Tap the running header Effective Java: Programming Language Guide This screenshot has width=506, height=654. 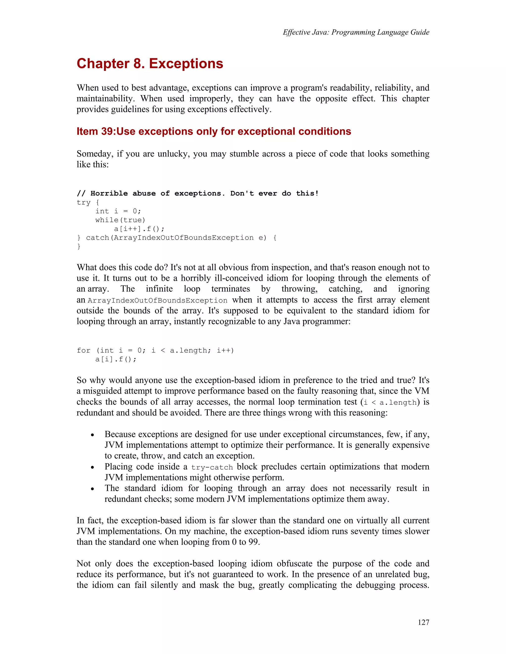pyautogui.click(x=356, y=32)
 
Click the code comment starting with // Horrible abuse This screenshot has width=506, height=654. pyautogui.click(x=198, y=193)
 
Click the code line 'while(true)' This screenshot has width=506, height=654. pyautogui.click(x=120, y=220)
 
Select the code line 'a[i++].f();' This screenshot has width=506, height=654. pyautogui.click(x=139, y=229)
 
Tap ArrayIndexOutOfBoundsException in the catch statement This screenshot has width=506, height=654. pyautogui.click(x=184, y=238)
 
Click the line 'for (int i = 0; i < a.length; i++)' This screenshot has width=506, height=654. pyautogui.click(x=155, y=350)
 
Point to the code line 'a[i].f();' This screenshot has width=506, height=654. pyautogui.click(x=116, y=359)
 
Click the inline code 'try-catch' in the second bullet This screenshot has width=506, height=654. pyautogui.click(x=212, y=467)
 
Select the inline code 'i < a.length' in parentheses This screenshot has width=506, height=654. pyautogui.click(x=390, y=403)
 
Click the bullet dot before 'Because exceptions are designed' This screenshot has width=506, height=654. pyautogui.click(x=93, y=435)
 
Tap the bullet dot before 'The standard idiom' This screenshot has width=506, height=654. pyautogui.click(x=93, y=489)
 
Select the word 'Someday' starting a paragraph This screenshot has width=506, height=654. pyautogui.click(x=95, y=154)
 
